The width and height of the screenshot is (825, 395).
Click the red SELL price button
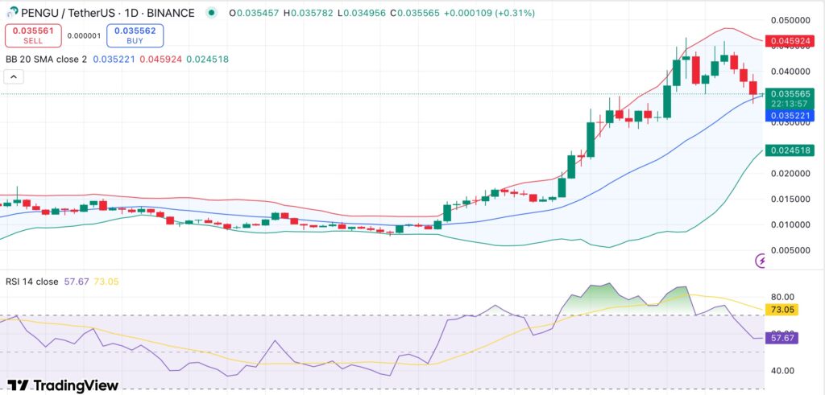click(x=32, y=35)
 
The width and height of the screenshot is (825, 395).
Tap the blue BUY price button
click(x=135, y=35)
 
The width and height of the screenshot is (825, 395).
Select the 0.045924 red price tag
click(x=792, y=39)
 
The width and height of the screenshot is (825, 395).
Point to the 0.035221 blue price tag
click(x=792, y=116)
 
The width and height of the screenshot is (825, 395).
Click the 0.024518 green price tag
click(x=792, y=150)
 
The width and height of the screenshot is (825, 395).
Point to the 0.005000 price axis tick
click(x=792, y=250)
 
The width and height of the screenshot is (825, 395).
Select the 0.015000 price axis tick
click(x=792, y=199)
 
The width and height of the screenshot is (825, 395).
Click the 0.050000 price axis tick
click(x=792, y=20)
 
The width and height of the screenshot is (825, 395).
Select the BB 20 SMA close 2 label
click(x=47, y=59)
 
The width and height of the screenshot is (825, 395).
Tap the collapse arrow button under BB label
click(x=14, y=77)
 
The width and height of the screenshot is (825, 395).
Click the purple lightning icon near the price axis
click(x=761, y=260)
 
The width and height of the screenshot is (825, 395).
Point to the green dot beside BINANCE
click(x=211, y=13)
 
